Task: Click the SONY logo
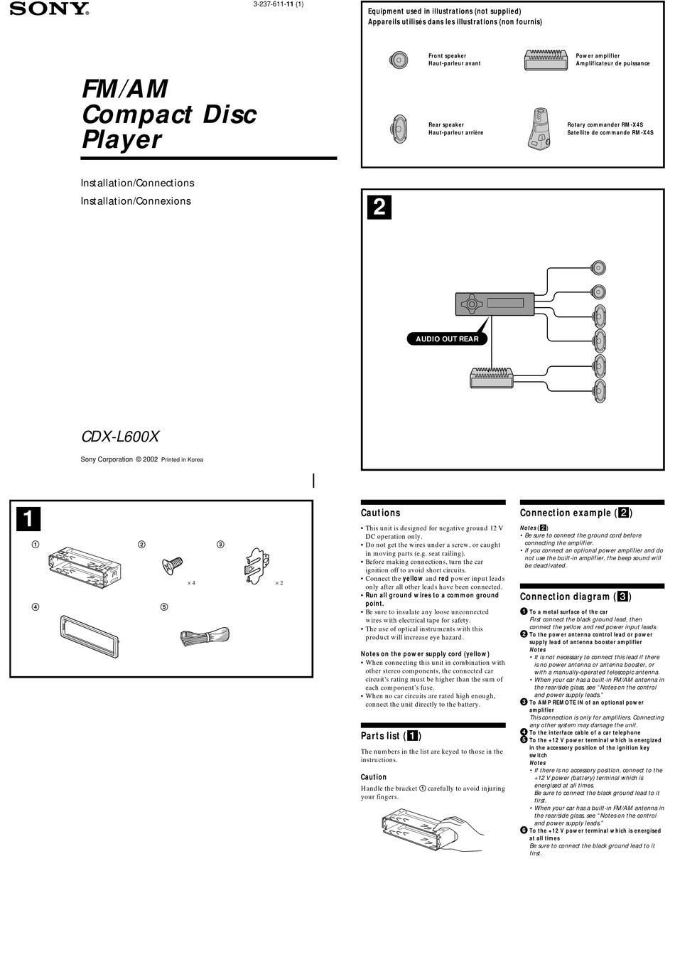click(x=49, y=9)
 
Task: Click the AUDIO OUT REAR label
click(x=447, y=339)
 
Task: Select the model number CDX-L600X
click(x=120, y=437)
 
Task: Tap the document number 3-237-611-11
click(x=278, y=4)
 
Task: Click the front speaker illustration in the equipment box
click(x=399, y=60)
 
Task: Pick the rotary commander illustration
click(x=539, y=129)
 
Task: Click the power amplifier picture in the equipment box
click(x=546, y=60)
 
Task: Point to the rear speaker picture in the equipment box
click(x=399, y=129)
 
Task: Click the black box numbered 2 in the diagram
click(x=379, y=207)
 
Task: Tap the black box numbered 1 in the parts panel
click(x=28, y=519)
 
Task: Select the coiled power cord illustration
click(x=205, y=636)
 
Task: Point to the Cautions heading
click(x=380, y=513)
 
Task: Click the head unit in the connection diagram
click(x=495, y=304)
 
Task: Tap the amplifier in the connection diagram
click(x=491, y=378)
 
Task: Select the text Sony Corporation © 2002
click(x=119, y=459)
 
